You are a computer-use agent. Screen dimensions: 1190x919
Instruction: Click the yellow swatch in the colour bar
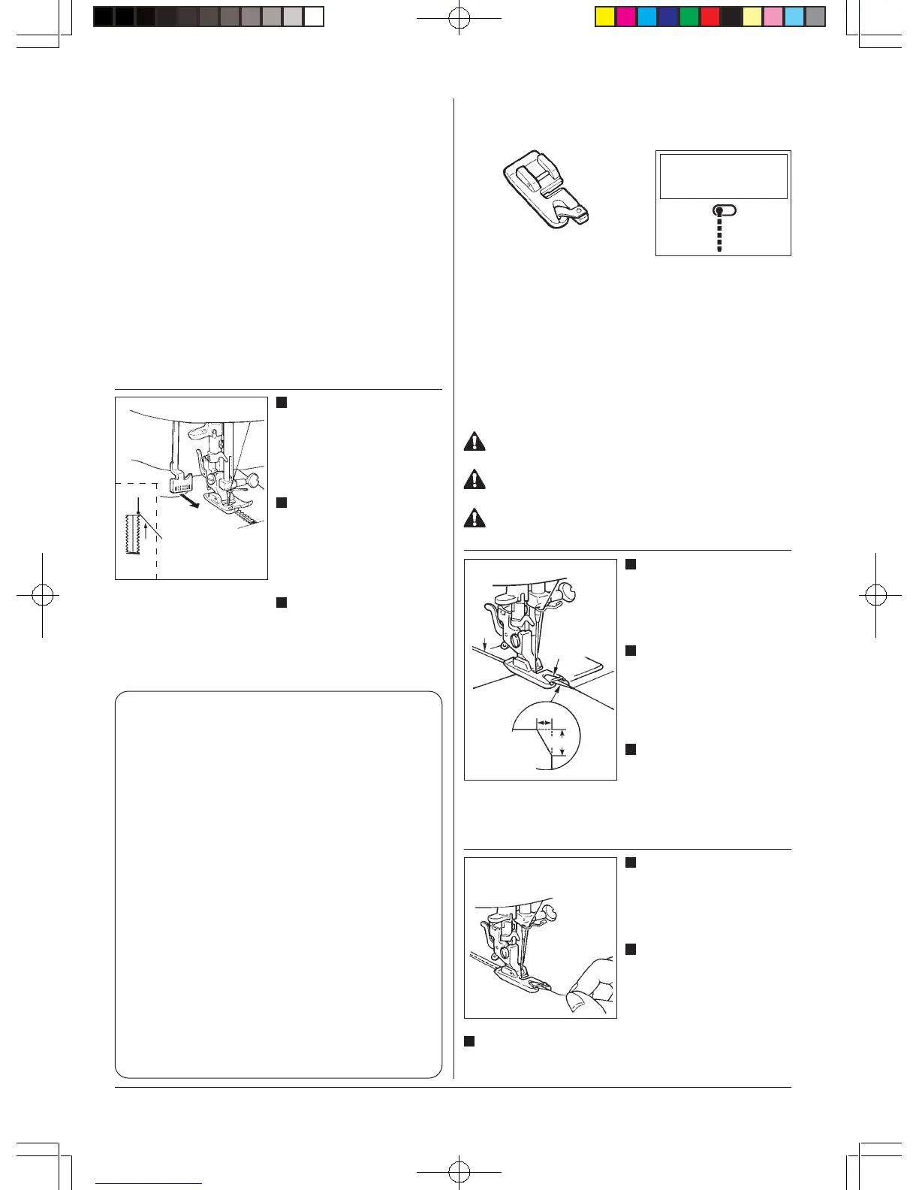point(605,17)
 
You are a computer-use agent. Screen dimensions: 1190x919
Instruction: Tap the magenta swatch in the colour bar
point(626,17)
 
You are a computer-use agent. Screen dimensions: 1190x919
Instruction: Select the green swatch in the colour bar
point(689,17)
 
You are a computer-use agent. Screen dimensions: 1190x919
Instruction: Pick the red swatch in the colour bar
point(710,17)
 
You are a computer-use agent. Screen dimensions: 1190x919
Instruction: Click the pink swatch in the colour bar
point(773,17)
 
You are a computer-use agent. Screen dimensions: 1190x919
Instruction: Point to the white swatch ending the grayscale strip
point(314,17)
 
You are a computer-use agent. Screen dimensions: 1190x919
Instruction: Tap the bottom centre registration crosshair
point(459,1171)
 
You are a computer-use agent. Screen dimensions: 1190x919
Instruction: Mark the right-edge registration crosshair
point(875,596)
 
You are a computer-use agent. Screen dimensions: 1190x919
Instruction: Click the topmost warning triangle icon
point(475,441)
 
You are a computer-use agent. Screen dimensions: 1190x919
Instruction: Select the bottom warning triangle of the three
point(475,518)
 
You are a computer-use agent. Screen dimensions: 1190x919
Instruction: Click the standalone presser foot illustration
point(547,189)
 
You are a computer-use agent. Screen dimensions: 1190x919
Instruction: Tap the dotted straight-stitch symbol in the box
point(720,228)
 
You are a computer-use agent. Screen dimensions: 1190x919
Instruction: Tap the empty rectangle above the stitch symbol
point(723,176)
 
